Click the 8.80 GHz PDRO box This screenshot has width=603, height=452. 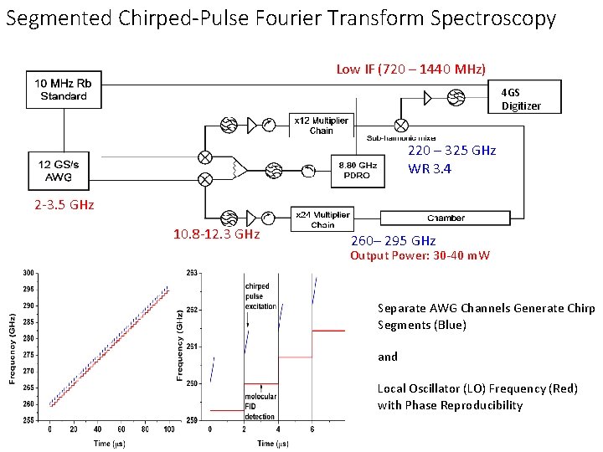[x=358, y=170]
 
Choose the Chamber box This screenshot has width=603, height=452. [x=446, y=218]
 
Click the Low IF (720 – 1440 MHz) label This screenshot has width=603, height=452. [x=410, y=69]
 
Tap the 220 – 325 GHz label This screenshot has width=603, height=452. [x=452, y=151]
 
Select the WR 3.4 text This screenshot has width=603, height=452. [x=430, y=169]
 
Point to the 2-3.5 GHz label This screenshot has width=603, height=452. [x=64, y=205]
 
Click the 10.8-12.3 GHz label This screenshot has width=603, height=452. [x=216, y=235]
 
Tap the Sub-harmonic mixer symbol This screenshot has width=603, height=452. [x=402, y=125]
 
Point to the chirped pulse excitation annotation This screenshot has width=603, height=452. [x=260, y=296]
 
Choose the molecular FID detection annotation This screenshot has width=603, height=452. [x=260, y=406]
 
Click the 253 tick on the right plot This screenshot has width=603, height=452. [x=192, y=273]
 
